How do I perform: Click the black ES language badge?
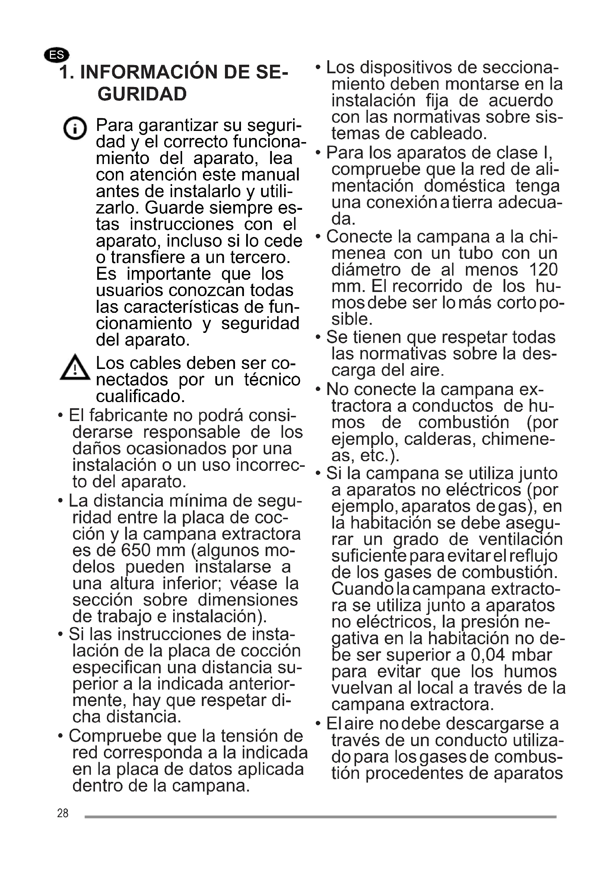point(57,55)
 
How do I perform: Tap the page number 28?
point(63,813)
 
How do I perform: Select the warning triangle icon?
point(75,367)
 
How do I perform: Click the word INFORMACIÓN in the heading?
point(149,72)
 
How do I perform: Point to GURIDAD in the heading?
point(142,94)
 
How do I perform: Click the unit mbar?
point(532,655)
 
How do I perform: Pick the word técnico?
point(272,380)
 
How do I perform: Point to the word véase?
point(253,583)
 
